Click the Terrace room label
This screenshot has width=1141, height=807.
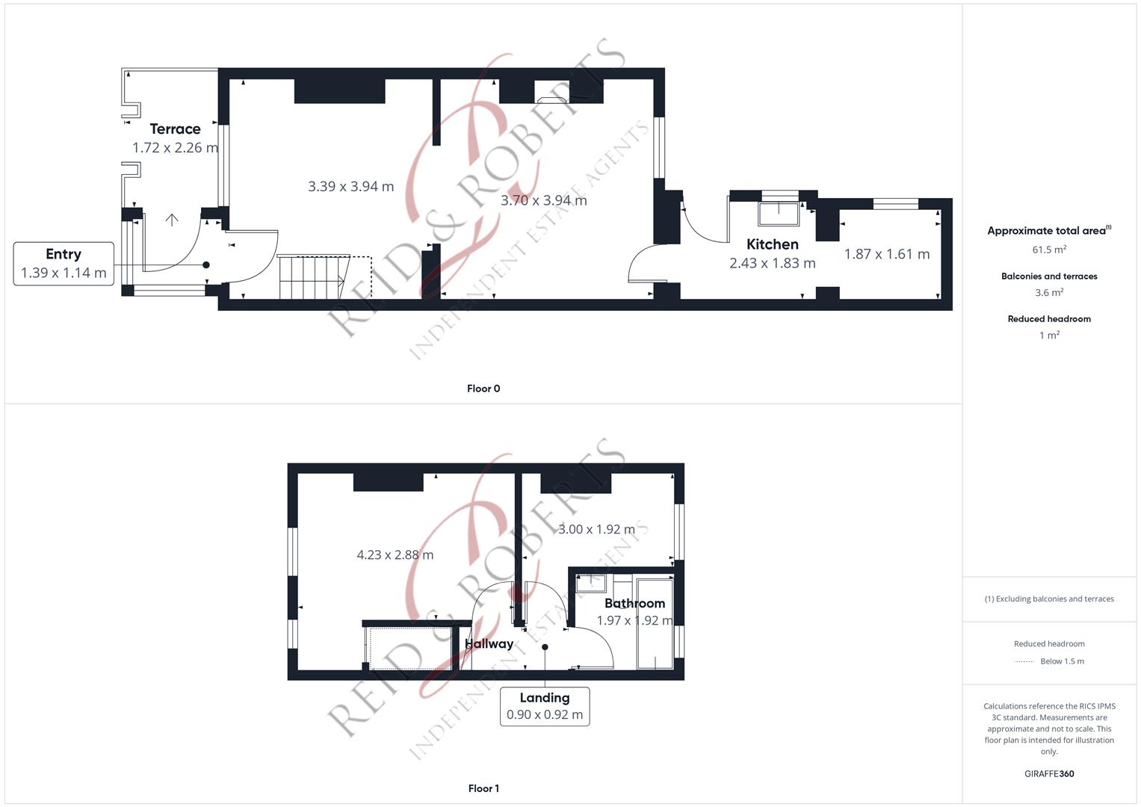tap(175, 129)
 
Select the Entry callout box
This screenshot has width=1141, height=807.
tap(64, 263)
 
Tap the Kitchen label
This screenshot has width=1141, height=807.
tap(773, 244)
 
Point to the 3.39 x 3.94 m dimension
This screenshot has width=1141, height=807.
tap(350, 187)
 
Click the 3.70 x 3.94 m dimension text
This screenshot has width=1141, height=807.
tap(543, 200)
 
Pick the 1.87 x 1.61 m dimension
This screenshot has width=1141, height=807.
tap(887, 254)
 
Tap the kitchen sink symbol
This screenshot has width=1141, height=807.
tap(779, 214)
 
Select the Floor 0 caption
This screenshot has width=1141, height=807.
tap(483, 389)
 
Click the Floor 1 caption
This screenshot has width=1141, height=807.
tap(483, 788)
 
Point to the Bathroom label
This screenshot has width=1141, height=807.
tap(634, 603)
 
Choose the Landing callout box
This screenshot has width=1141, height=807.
tap(544, 706)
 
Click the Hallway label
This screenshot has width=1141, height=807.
tap(489, 643)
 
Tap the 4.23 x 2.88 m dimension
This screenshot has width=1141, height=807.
tap(395, 554)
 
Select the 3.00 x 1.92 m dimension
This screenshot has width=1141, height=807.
tap(596, 529)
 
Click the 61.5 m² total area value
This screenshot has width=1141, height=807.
tap(1049, 250)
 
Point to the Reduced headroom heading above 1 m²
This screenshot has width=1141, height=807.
tap(1049, 319)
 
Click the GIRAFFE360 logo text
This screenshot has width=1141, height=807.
tap(1049, 773)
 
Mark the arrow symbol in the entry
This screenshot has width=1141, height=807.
tap(172, 220)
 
